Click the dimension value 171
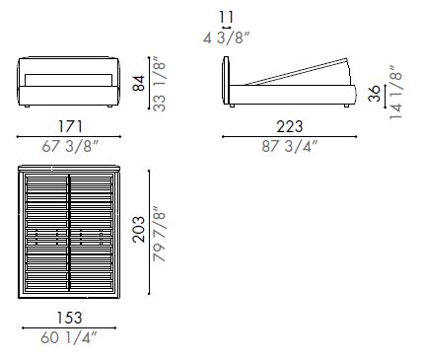[68, 126]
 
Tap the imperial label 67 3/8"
[68, 146]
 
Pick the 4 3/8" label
[227, 37]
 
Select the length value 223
[289, 126]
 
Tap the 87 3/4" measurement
[289, 146]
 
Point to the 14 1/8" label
[395, 92]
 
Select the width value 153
[68, 318]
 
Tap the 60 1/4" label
[68, 338]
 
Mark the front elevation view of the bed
[68, 83]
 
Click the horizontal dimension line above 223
[289, 136]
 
